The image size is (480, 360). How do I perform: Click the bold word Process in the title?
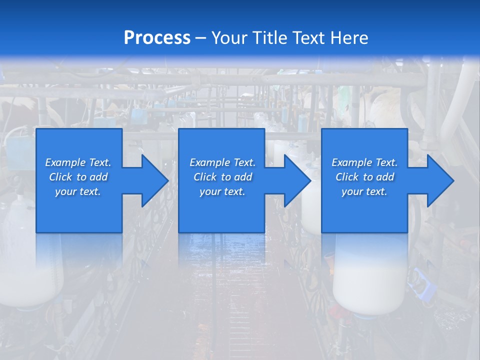click(x=157, y=37)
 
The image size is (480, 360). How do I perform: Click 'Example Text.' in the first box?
click(x=78, y=162)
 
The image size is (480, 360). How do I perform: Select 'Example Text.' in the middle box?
click(x=222, y=162)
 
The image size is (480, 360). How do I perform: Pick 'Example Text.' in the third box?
click(x=364, y=162)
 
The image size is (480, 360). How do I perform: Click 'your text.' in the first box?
click(x=78, y=191)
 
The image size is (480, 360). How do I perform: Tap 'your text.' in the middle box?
click(x=222, y=191)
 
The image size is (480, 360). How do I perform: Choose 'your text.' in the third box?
click(x=364, y=191)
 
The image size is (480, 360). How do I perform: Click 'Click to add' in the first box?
click(x=78, y=177)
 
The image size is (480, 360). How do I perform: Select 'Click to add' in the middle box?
click(x=222, y=177)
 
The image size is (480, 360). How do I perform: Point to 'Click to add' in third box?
click(x=364, y=177)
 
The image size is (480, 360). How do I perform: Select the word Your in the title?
click(x=229, y=37)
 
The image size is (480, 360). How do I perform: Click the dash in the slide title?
click(x=201, y=38)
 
